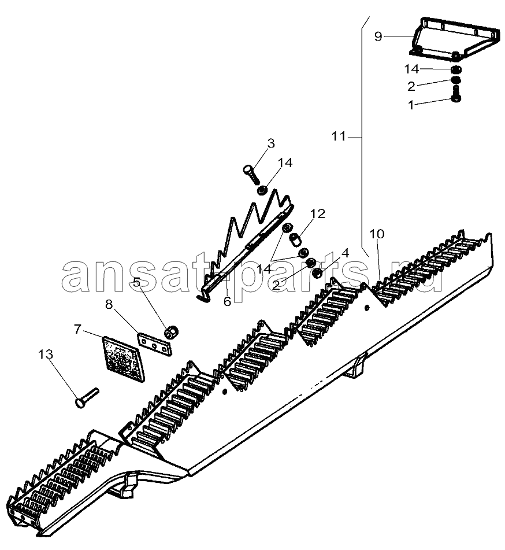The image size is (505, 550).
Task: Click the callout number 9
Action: click(378, 36)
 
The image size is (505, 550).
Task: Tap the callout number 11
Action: click(339, 136)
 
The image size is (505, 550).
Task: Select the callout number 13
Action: click(46, 354)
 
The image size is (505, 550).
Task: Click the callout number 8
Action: click(109, 304)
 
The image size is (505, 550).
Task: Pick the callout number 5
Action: click(137, 282)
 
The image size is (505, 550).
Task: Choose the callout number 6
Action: click(228, 301)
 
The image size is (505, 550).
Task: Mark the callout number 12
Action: click(318, 213)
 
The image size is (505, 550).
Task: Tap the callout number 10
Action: click(377, 234)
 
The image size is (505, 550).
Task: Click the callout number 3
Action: click(270, 143)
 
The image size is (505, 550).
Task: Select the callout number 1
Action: click(411, 105)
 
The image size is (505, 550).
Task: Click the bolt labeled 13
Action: click(87, 398)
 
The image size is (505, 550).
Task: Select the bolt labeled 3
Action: click(251, 174)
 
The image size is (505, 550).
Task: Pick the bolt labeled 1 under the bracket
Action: click(456, 93)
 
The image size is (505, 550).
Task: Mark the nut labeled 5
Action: click(172, 332)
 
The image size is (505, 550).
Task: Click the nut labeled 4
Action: click(317, 273)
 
